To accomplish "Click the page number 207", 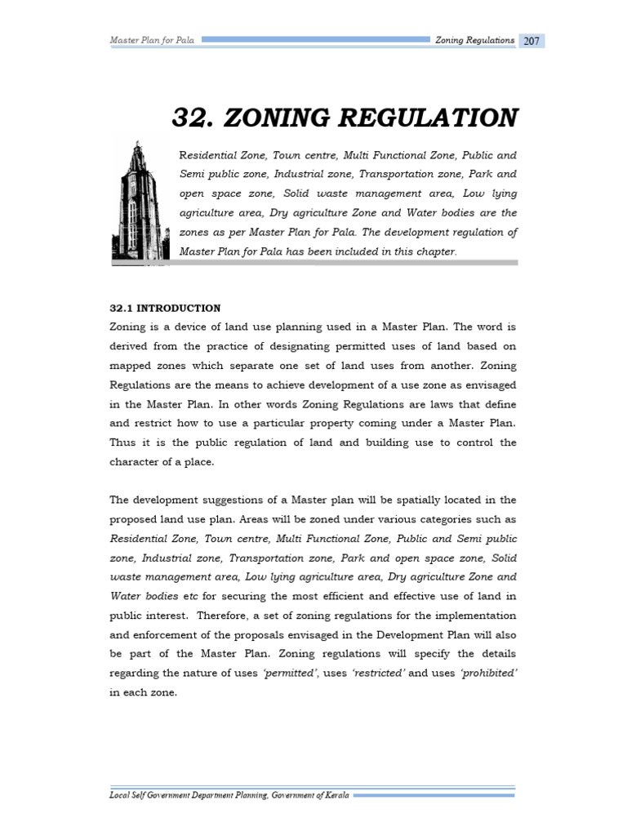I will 531,41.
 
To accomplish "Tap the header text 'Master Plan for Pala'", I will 152,40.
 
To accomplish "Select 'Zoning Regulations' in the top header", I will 474,40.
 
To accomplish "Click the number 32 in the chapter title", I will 190,118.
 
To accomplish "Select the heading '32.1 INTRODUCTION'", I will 165,308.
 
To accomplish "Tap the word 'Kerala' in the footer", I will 332,795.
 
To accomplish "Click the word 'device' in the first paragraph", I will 180,327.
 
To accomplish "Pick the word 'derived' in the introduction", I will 129,346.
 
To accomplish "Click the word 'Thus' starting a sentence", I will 123,442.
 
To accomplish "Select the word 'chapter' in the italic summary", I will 433,251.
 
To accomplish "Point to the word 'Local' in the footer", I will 123,795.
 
